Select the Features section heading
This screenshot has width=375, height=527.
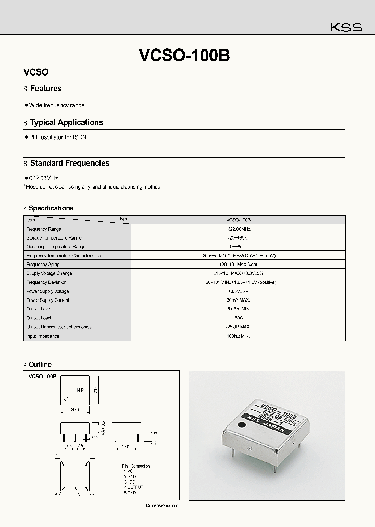(x=46, y=89)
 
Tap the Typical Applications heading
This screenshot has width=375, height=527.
(x=66, y=122)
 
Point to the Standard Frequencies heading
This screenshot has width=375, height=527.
(x=69, y=163)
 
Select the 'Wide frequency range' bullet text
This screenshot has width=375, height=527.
(x=57, y=105)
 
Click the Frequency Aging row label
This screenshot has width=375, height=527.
(x=43, y=265)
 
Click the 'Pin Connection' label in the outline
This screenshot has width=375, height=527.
(x=136, y=466)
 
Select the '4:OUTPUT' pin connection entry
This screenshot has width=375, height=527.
(x=133, y=487)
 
